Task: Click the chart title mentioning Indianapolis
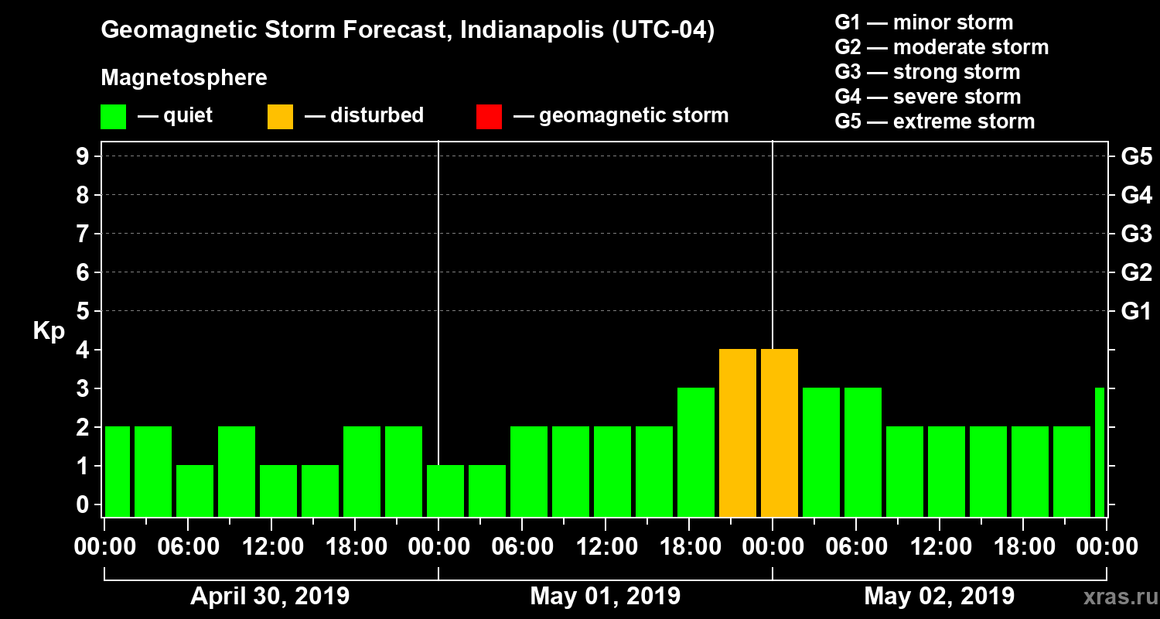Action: [x=408, y=31]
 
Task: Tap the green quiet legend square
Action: [x=113, y=117]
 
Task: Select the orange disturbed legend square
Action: [x=280, y=117]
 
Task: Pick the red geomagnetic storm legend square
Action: [x=489, y=117]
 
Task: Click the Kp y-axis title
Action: [x=49, y=331]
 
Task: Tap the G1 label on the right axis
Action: [x=1136, y=312]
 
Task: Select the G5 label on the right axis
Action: [x=1136, y=157]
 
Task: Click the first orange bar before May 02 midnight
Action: [x=737, y=433]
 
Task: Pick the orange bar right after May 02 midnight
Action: [x=779, y=433]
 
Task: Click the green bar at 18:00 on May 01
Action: [x=695, y=453]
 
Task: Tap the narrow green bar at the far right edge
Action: [x=1100, y=453]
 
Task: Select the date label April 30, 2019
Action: [x=270, y=597]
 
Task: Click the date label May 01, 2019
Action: [x=606, y=597]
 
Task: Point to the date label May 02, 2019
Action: [x=939, y=597]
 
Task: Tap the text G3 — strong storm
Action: [x=927, y=72]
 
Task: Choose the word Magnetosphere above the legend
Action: [x=184, y=78]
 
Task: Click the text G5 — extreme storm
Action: [x=934, y=121]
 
